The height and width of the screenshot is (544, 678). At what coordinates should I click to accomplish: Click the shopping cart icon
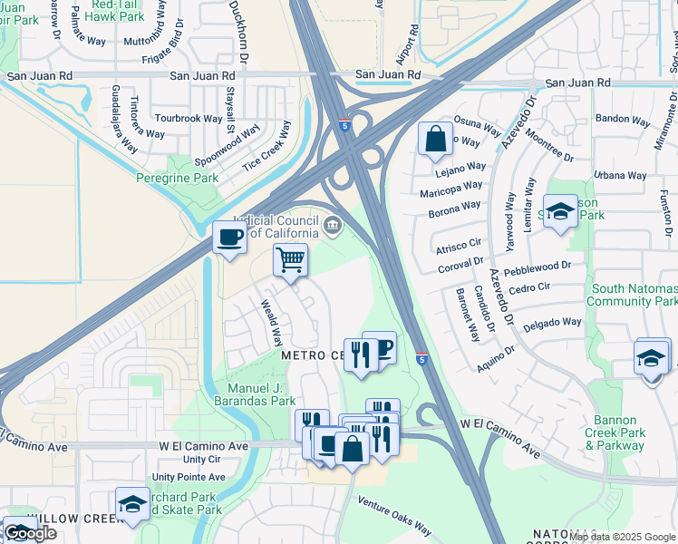point(290,260)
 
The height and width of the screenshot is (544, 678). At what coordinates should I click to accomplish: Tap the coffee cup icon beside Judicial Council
point(229,238)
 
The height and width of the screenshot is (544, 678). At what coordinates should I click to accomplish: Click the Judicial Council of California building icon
point(333,225)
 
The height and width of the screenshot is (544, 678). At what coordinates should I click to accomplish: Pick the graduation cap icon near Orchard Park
point(132,504)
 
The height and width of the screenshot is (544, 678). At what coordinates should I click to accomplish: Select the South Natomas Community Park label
point(634,295)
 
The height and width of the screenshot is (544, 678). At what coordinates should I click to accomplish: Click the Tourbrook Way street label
point(188,119)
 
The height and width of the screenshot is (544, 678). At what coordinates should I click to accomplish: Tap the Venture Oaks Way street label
point(393,517)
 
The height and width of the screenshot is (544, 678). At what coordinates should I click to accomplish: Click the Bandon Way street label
point(622,119)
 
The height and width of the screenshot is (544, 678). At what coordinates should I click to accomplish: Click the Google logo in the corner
point(30,533)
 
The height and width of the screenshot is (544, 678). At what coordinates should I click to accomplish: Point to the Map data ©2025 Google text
point(622,537)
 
